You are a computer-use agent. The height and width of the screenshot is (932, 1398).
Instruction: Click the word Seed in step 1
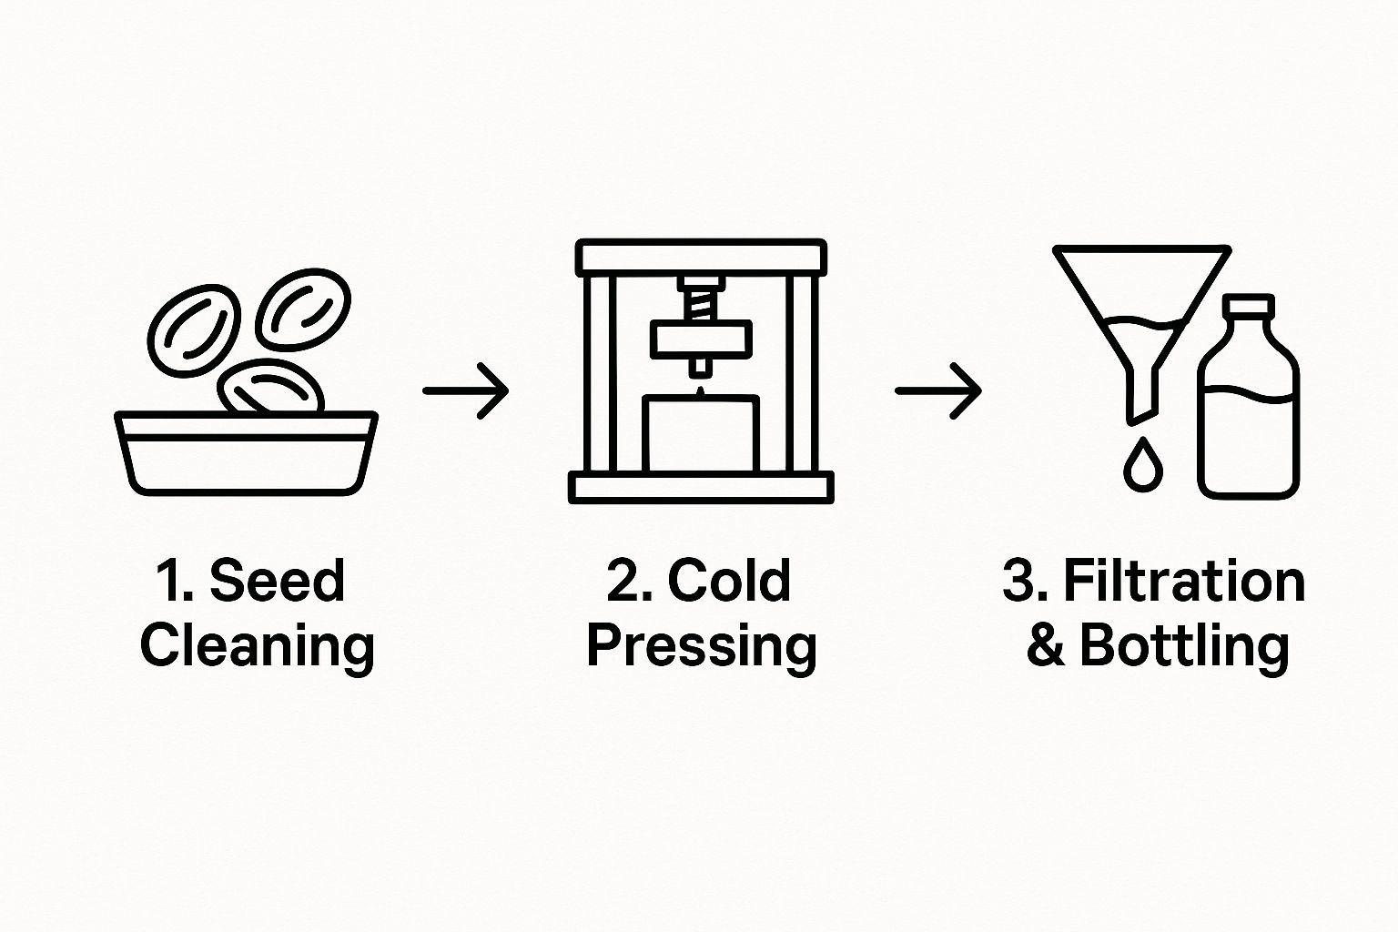tap(277, 581)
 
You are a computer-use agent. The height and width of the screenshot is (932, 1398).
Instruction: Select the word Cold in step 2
tap(729, 581)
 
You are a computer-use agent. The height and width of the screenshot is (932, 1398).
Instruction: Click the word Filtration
tap(1184, 581)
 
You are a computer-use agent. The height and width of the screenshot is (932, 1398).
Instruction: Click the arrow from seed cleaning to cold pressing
tap(466, 391)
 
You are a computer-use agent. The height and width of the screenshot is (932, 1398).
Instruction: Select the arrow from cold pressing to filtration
tap(938, 391)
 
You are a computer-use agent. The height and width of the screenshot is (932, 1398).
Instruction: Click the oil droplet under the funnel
tap(1143, 464)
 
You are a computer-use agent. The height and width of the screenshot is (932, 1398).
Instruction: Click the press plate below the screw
tap(701, 339)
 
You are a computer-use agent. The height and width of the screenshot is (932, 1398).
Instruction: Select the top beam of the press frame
tap(701, 258)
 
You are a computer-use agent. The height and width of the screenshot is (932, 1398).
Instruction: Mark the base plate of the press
tap(701, 488)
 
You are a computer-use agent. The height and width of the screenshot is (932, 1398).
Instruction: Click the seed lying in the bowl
tap(271, 387)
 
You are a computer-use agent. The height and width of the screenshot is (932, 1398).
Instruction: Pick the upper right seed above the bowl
tap(303, 309)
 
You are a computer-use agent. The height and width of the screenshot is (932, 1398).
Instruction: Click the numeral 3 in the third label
tap(1018, 582)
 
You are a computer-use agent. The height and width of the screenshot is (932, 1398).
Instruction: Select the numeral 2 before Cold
tap(623, 582)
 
